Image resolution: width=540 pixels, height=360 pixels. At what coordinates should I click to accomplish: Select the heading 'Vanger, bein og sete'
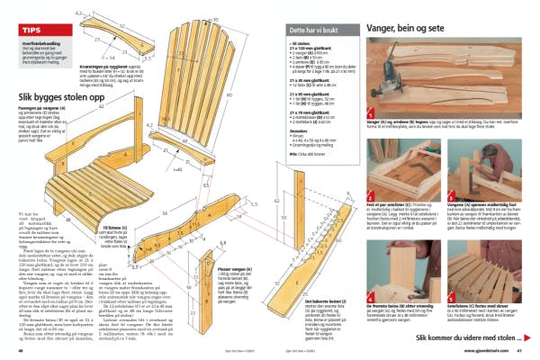point(407,29)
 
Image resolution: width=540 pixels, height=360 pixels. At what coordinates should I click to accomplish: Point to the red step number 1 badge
point(370,114)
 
